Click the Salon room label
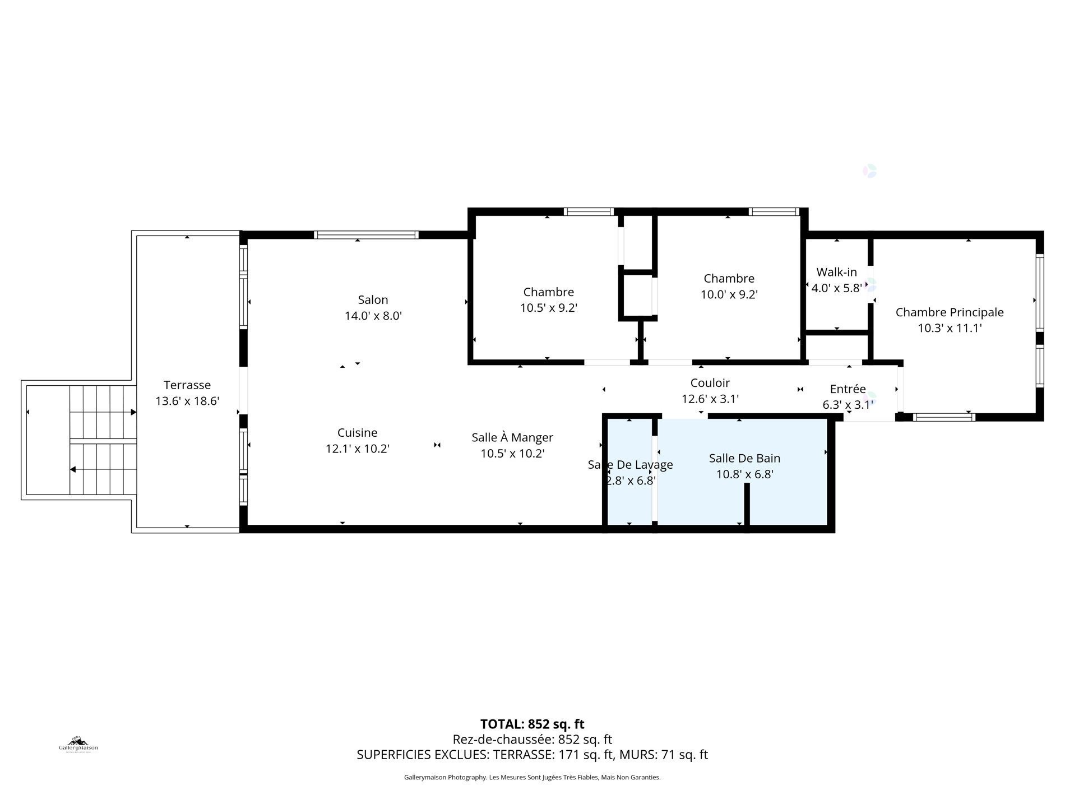tap(373, 300)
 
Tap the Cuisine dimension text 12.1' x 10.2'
tap(357, 449)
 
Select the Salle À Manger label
tap(512, 437)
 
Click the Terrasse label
tap(187, 385)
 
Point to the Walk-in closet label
tap(836, 273)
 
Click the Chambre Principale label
tap(949, 312)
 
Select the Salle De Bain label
tap(744, 458)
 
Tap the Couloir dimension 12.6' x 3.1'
tap(710, 399)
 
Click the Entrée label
tap(848, 389)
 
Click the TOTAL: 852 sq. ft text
tap(532, 724)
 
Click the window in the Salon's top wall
tap(366, 235)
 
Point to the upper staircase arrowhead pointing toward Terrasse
tap(133, 412)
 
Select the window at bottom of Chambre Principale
tap(944, 417)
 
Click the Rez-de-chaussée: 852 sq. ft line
tap(532, 740)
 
